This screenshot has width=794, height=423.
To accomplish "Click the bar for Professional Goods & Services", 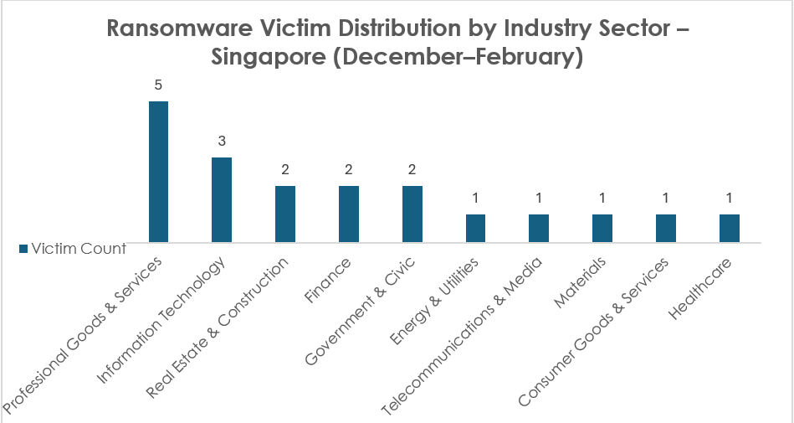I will (x=158, y=172).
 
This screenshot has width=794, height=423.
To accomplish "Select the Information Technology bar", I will (x=221, y=200).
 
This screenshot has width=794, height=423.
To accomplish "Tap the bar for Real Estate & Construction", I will (x=285, y=214).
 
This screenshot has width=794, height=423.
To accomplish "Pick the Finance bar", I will (x=348, y=214).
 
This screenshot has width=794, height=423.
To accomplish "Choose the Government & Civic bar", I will (x=412, y=214).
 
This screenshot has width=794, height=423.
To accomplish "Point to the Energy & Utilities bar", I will (x=475, y=229).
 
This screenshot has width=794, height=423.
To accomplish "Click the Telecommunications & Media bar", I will (x=539, y=229).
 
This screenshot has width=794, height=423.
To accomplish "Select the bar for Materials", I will (x=602, y=229).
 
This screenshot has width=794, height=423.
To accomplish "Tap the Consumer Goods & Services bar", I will (x=666, y=229).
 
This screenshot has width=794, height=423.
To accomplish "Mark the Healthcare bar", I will (x=730, y=229).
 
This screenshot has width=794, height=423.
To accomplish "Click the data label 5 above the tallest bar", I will (x=158, y=85).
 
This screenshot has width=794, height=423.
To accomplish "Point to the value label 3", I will (x=222, y=142).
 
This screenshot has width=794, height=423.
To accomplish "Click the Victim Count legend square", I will (x=23, y=248).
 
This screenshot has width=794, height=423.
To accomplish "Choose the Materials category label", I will (x=576, y=283).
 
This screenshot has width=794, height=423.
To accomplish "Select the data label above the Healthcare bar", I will (x=730, y=199).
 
